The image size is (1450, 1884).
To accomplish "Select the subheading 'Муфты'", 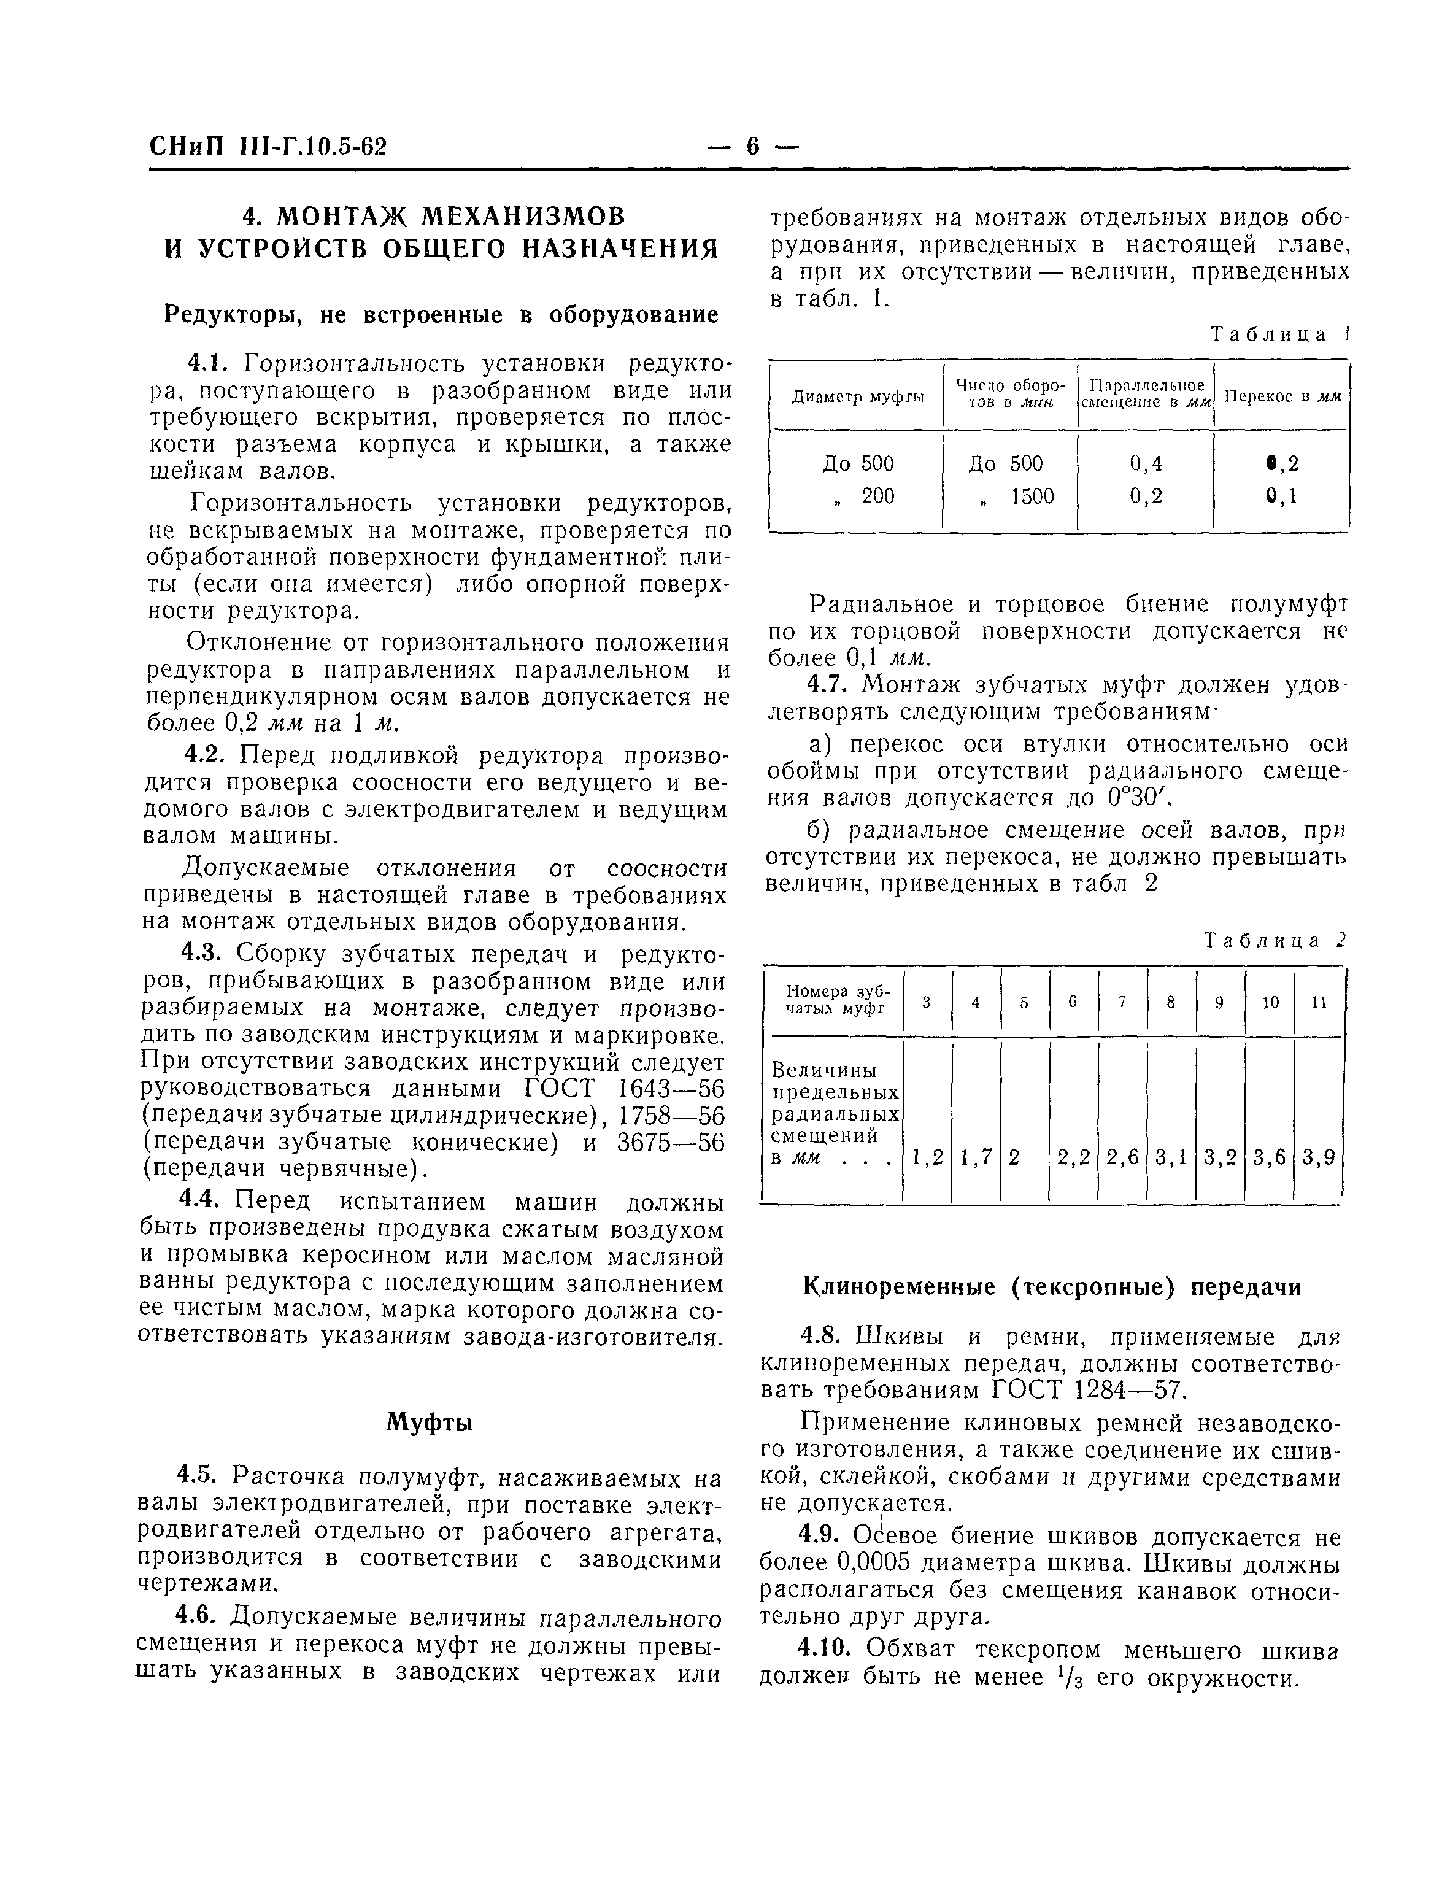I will [429, 1422].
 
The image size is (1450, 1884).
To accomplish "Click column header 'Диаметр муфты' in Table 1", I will [857, 397].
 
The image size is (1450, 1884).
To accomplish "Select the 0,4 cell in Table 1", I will [1146, 464].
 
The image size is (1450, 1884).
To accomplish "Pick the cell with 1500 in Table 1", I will [1032, 496].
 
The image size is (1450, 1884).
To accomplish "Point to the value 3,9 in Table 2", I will [1318, 1157].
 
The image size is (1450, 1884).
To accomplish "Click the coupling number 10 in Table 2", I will [1270, 1002].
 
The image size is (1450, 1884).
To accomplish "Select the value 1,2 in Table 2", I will [927, 1157].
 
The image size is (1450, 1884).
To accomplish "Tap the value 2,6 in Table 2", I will [1122, 1157].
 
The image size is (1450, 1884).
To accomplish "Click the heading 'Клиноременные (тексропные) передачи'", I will [1052, 1287].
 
